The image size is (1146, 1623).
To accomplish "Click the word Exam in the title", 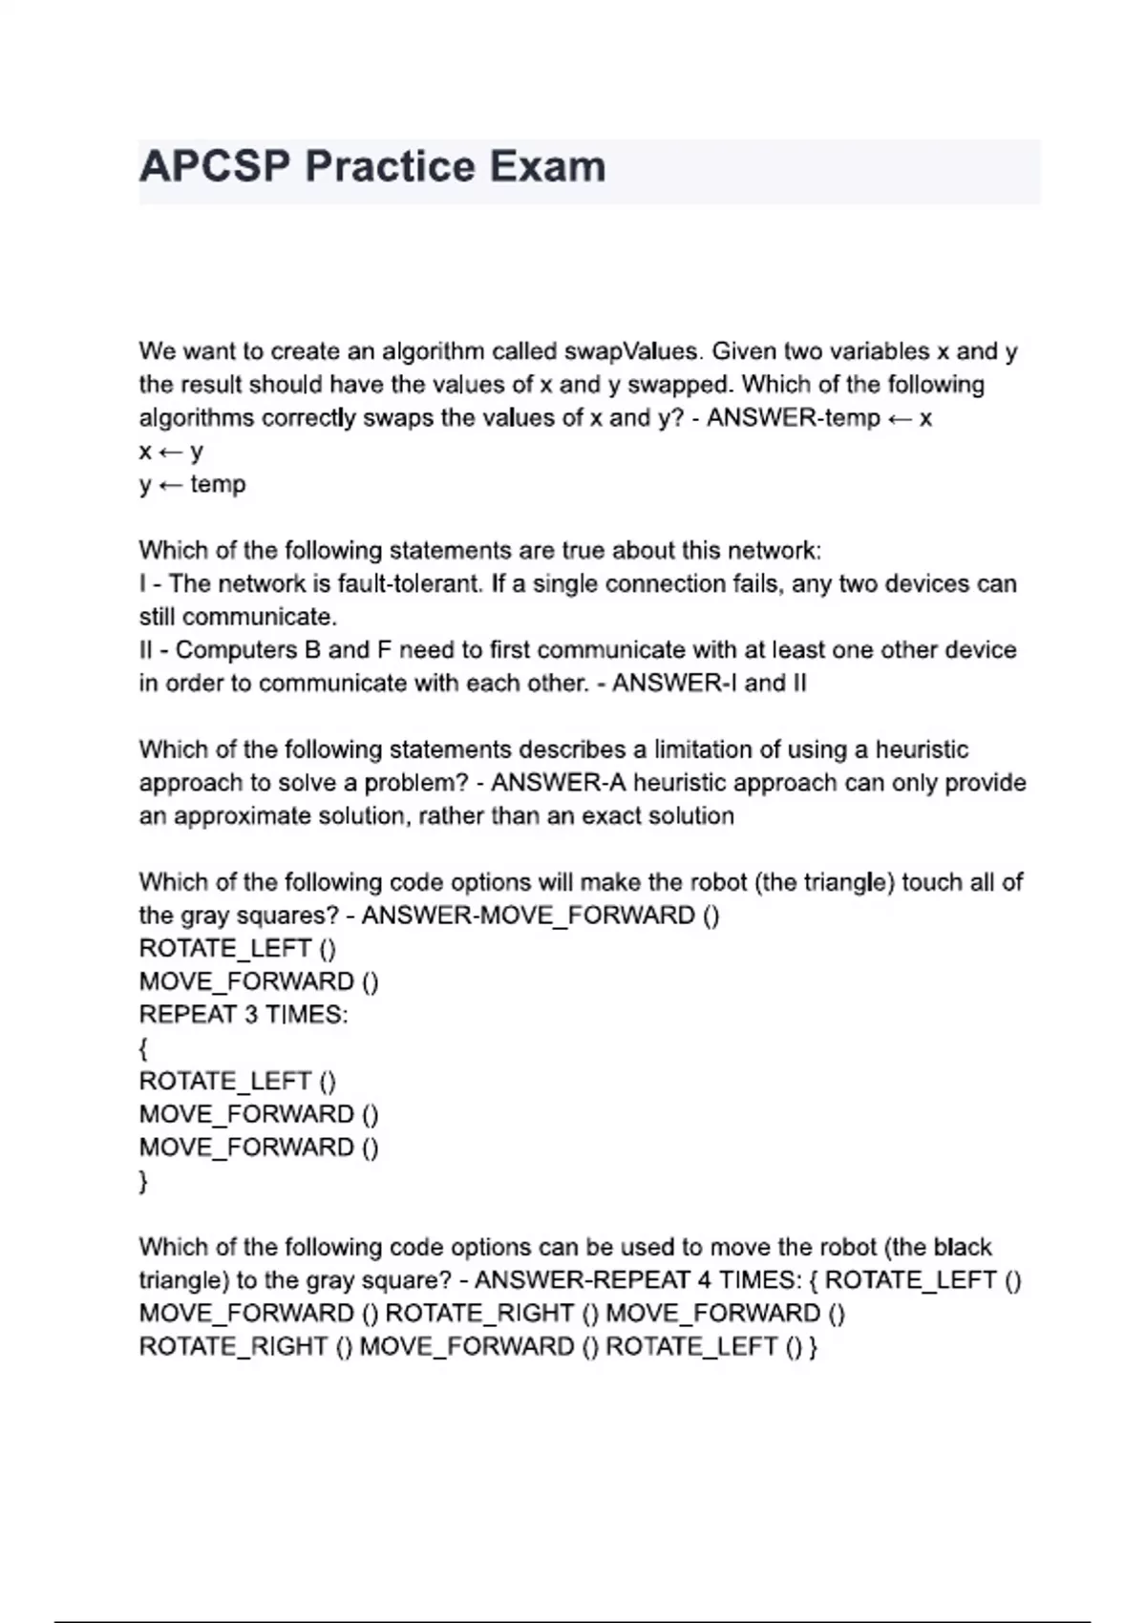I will pos(548,167).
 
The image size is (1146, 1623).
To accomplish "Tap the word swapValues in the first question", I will pos(631,351).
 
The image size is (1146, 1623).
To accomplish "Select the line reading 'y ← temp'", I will pos(192,484).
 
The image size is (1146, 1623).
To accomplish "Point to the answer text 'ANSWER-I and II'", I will pos(709,684).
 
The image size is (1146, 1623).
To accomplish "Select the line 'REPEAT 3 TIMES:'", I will pos(244,1015).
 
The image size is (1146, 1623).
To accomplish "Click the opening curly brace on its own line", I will pos(143,1048).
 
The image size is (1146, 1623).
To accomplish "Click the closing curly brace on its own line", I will pos(143,1181).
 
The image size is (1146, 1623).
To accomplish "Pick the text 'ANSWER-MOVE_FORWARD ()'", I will pos(541,916).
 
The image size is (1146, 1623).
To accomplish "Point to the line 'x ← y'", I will pos(171,451).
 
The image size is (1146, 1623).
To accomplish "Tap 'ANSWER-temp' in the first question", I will pos(793,418).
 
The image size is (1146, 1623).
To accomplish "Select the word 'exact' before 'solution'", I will pos(627,816).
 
